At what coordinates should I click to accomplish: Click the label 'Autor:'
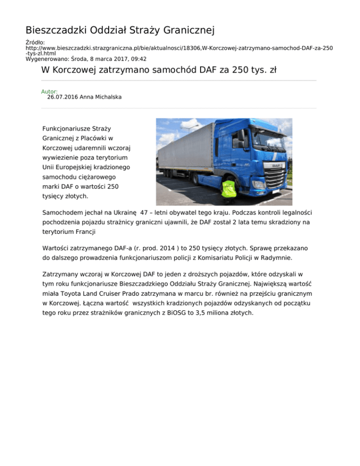(x=50, y=91)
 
